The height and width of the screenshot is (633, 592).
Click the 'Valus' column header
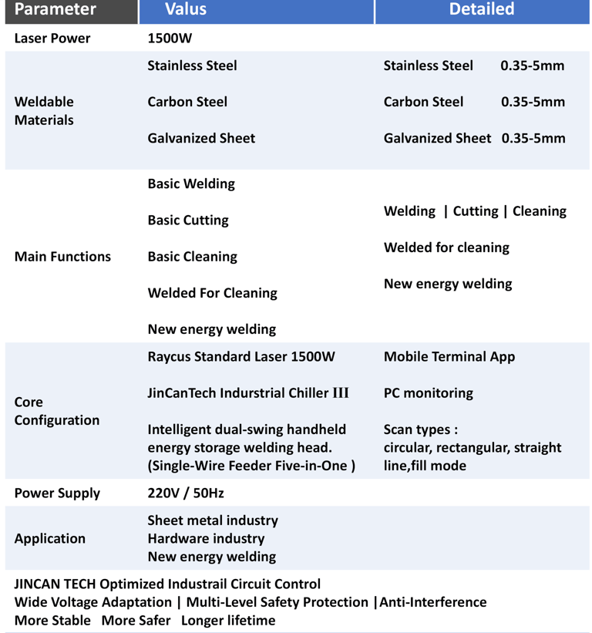[x=185, y=10]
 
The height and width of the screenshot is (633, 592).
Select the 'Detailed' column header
[x=482, y=9]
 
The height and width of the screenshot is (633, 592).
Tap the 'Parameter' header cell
[x=55, y=10]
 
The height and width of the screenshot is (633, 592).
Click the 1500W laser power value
[x=170, y=38]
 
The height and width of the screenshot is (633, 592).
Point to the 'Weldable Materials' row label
[x=44, y=110]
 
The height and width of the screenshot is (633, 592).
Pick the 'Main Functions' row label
[x=62, y=257]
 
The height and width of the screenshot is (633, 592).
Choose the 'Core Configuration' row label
[x=57, y=411]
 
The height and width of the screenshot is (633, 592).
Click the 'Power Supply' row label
[x=57, y=493]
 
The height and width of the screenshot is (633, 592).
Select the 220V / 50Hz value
[x=186, y=493]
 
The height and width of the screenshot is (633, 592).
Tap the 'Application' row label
[x=50, y=538]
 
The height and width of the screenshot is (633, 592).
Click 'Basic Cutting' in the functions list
[x=188, y=220]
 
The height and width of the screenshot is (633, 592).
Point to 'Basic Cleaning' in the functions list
[x=192, y=257]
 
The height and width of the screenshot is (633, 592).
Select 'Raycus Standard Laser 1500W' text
[x=241, y=356]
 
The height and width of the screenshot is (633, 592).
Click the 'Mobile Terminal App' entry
[x=449, y=356]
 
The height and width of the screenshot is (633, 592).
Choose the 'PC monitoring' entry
[x=429, y=392]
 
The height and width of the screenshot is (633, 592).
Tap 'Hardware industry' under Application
[x=206, y=538]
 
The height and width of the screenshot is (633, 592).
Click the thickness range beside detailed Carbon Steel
[x=533, y=102]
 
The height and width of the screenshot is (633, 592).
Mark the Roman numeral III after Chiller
[x=341, y=392]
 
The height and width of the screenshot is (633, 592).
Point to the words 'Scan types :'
[x=421, y=429]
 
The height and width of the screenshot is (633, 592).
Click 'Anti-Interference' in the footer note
[x=432, y=601]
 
